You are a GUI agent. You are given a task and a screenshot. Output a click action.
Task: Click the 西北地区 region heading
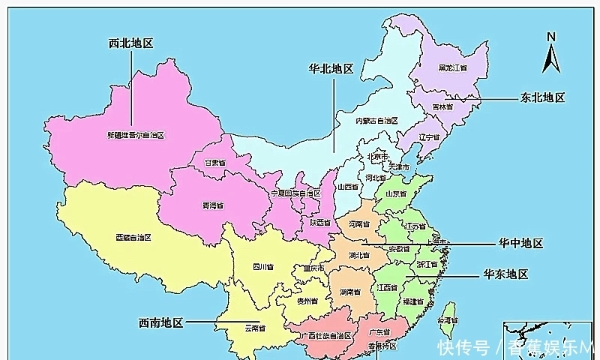coord(131,43)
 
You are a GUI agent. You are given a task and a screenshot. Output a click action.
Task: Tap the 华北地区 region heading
coord(331,68)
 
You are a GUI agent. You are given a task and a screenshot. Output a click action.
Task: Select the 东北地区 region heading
coord(541,97)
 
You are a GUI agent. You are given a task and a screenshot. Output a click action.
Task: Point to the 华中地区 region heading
coord(520,244)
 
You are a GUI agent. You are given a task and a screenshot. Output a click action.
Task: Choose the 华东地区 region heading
coord(506,274)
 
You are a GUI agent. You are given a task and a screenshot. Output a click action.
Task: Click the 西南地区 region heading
coord(160,322)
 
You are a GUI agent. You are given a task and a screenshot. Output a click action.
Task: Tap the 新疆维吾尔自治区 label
coord(136,135)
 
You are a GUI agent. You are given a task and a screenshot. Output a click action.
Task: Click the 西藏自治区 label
coord(133,237)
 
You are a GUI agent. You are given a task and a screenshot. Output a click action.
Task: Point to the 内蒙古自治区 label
coord(376,121)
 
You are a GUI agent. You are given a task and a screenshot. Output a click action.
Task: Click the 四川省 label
coord(262,265)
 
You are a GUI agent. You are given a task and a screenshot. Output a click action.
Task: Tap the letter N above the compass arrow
coord(550,36)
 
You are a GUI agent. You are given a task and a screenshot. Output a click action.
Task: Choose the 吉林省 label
coord(442,107)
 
